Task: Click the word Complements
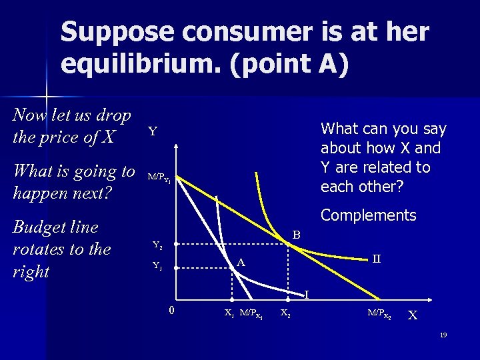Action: click(368, 215)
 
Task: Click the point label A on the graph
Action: click(241, 263)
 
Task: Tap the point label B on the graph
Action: click(297, 235)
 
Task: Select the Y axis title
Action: click(153, 131)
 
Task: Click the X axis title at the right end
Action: click(414, 315)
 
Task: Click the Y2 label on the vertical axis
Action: click(157, 245)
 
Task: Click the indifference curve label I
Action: click(307, 294)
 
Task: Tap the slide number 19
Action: click(443, 334)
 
